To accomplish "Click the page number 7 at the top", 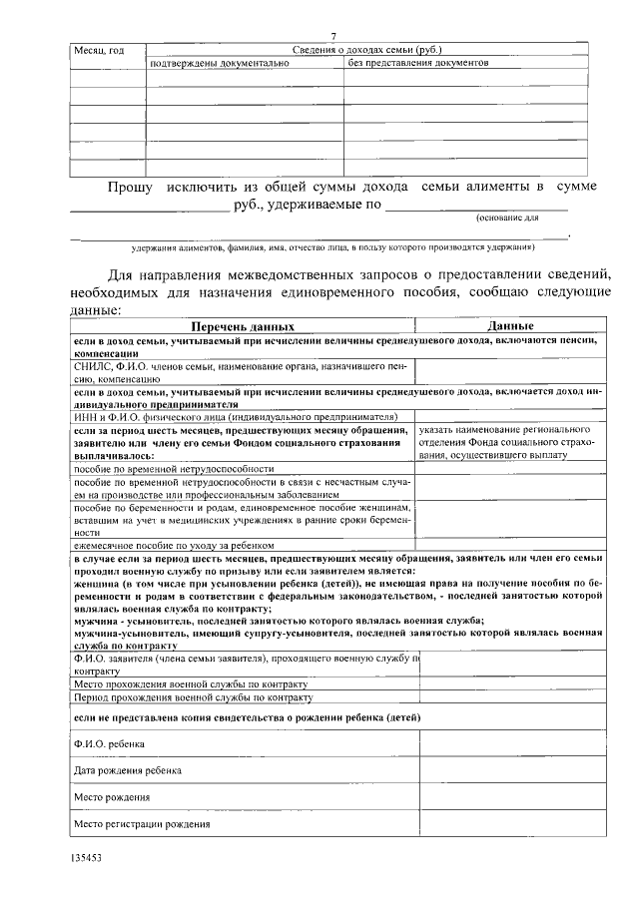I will (x=333, y=36).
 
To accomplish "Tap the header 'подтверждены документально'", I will (x=219, y=63).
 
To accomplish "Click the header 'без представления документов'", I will (x=418, y=63).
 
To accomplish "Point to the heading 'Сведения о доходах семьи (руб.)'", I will (x=366, y=49).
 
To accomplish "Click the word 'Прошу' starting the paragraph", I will (x=130, y=187).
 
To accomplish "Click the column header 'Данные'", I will (x=510, y=326).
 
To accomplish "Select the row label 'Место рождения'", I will (x=112, y=798).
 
